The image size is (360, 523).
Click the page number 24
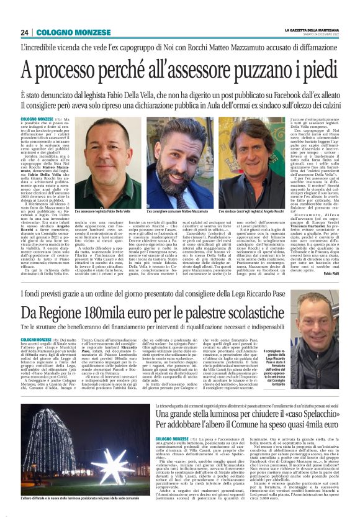24,32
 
